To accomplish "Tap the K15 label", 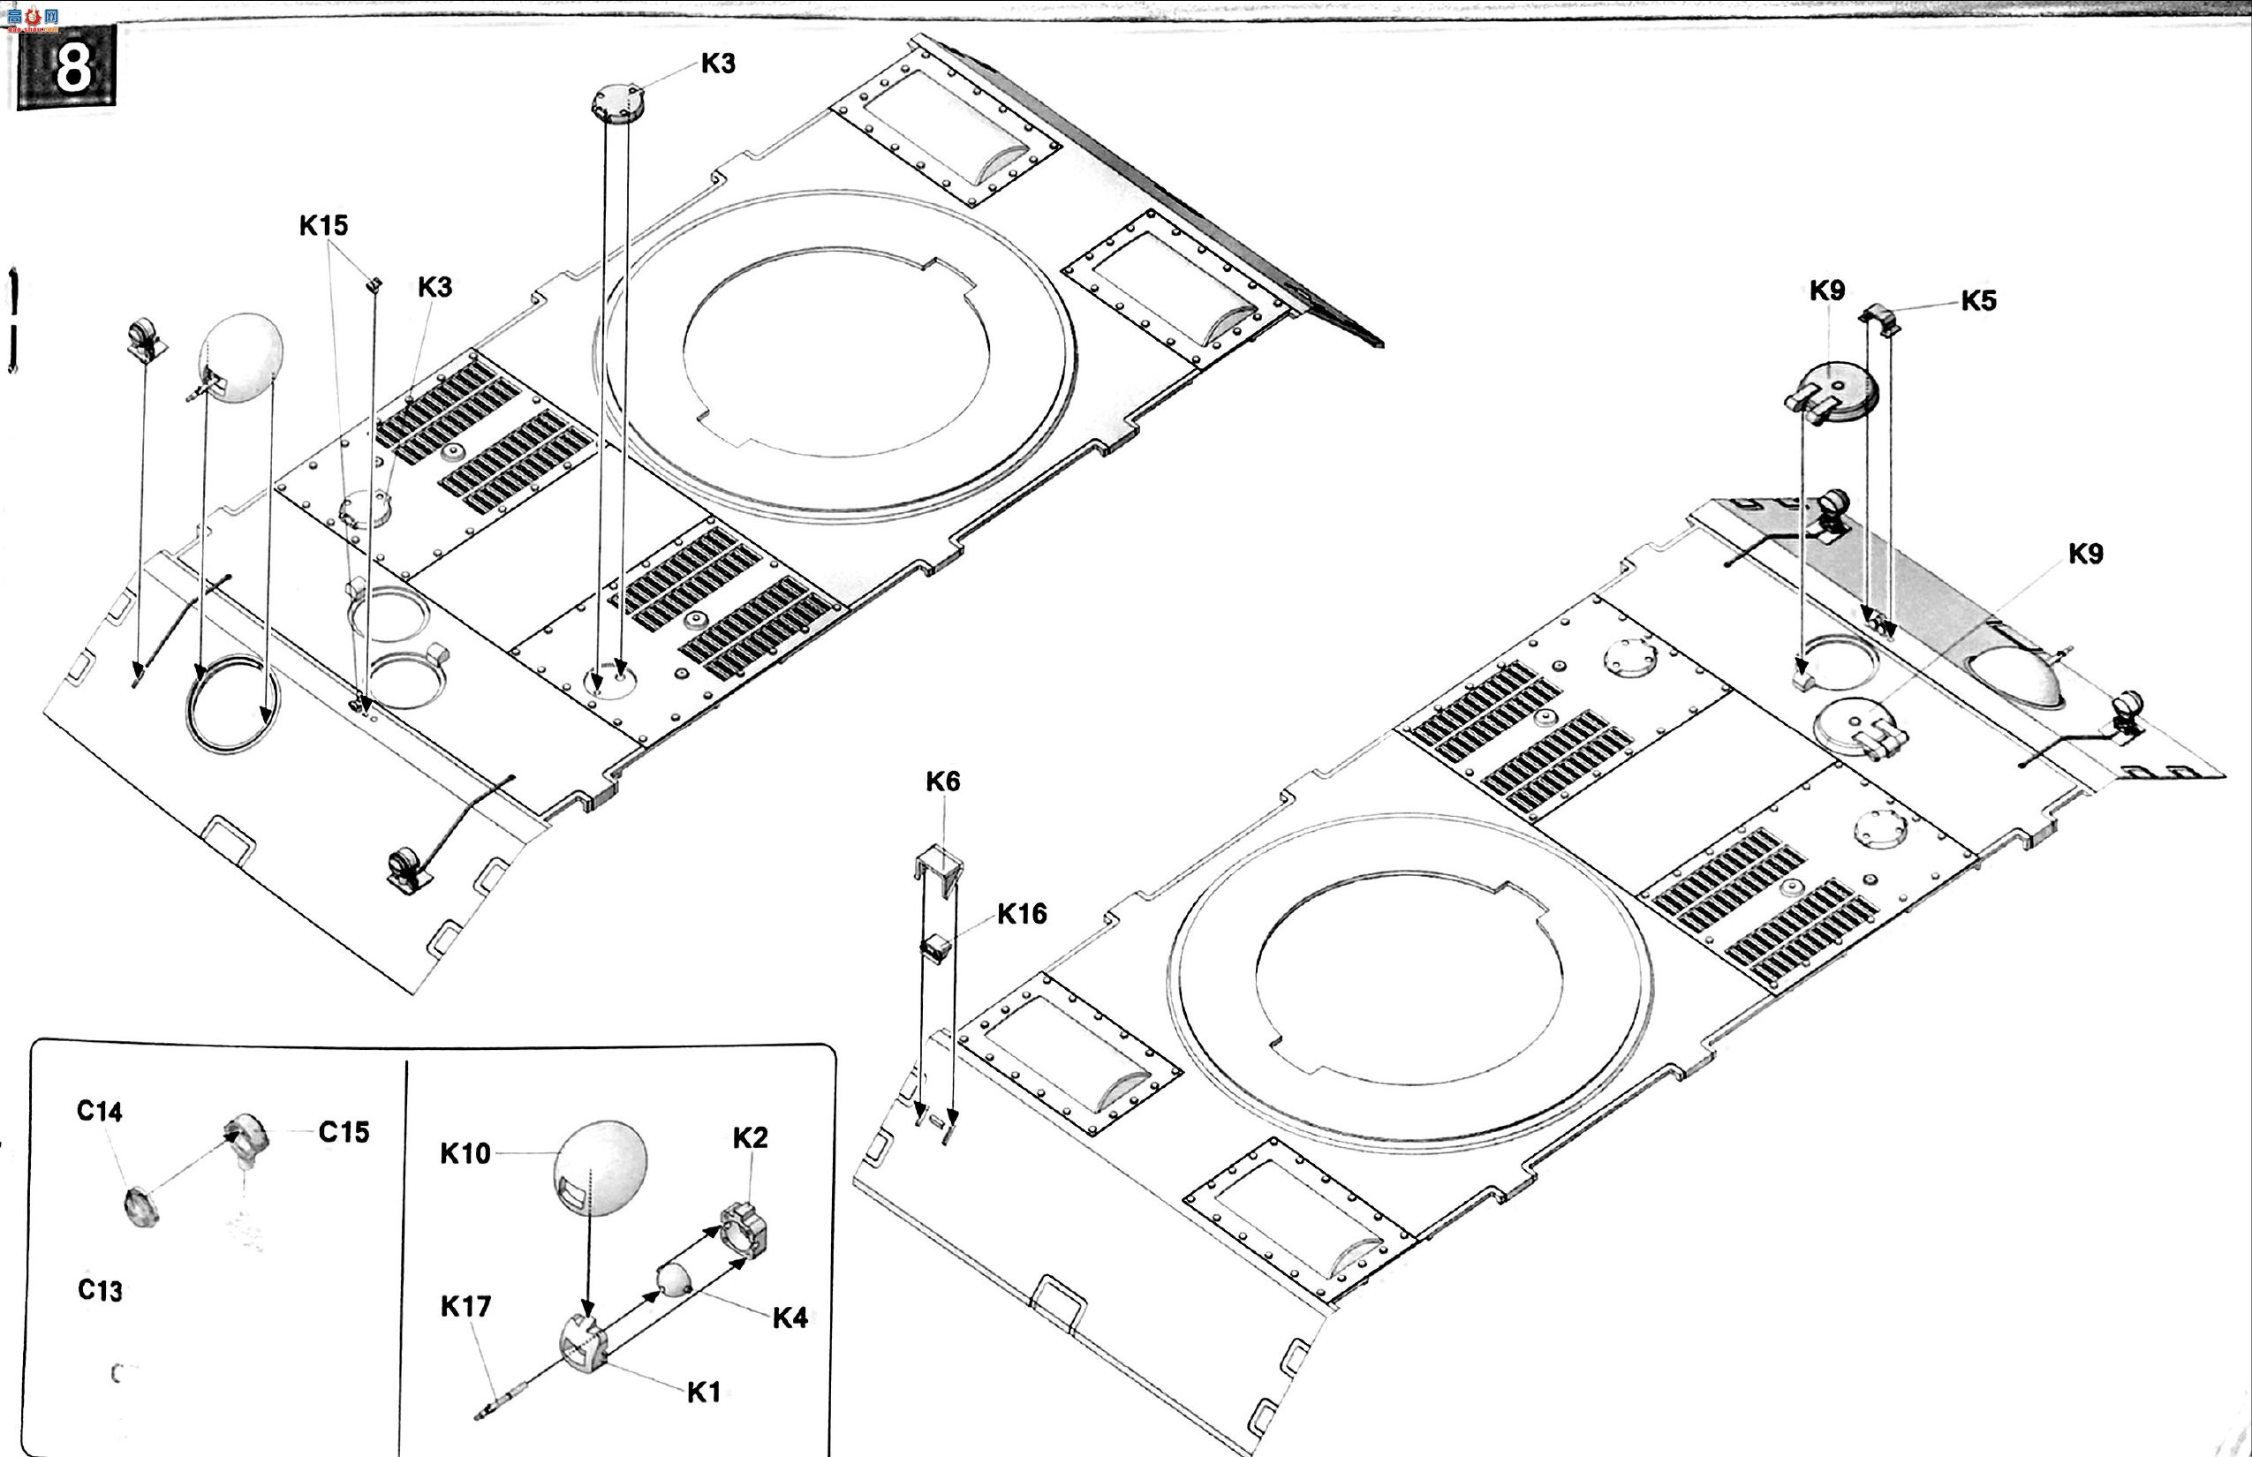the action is click(x=323, y=225).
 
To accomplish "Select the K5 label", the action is click(x=1977, y=301).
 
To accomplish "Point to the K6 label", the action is click(x=942, y=781).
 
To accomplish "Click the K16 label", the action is click(x=1022, y=914).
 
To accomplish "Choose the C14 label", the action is click(x=99, y=1111).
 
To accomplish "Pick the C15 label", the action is click(x=344, y=1131).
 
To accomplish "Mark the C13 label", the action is click(x=99, y=1290).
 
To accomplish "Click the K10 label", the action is click(x=465, y=1153).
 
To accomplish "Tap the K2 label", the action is click(x=751, y=1138).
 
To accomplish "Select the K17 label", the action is click(x=465, y=1307).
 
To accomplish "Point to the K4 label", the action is click(x=790, y=1317).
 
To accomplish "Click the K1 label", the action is click(x=703, y=1393).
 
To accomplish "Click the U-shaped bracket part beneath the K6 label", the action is click(x=939, y=860).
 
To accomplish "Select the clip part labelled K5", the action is click(x=1880, y=319).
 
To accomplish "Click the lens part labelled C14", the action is click(x=141, y=1207).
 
